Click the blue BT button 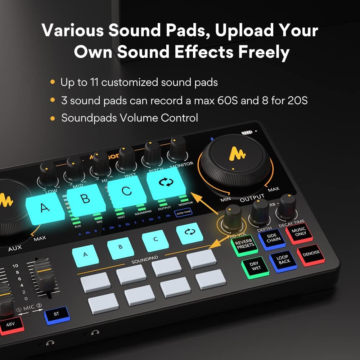tap(56, 314)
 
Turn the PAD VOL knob tap(233, 216)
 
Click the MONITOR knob tap(178, 148)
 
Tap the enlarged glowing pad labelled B tap(86, 199)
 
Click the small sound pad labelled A tap(85, 255)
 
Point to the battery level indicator tap(247, 132)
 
